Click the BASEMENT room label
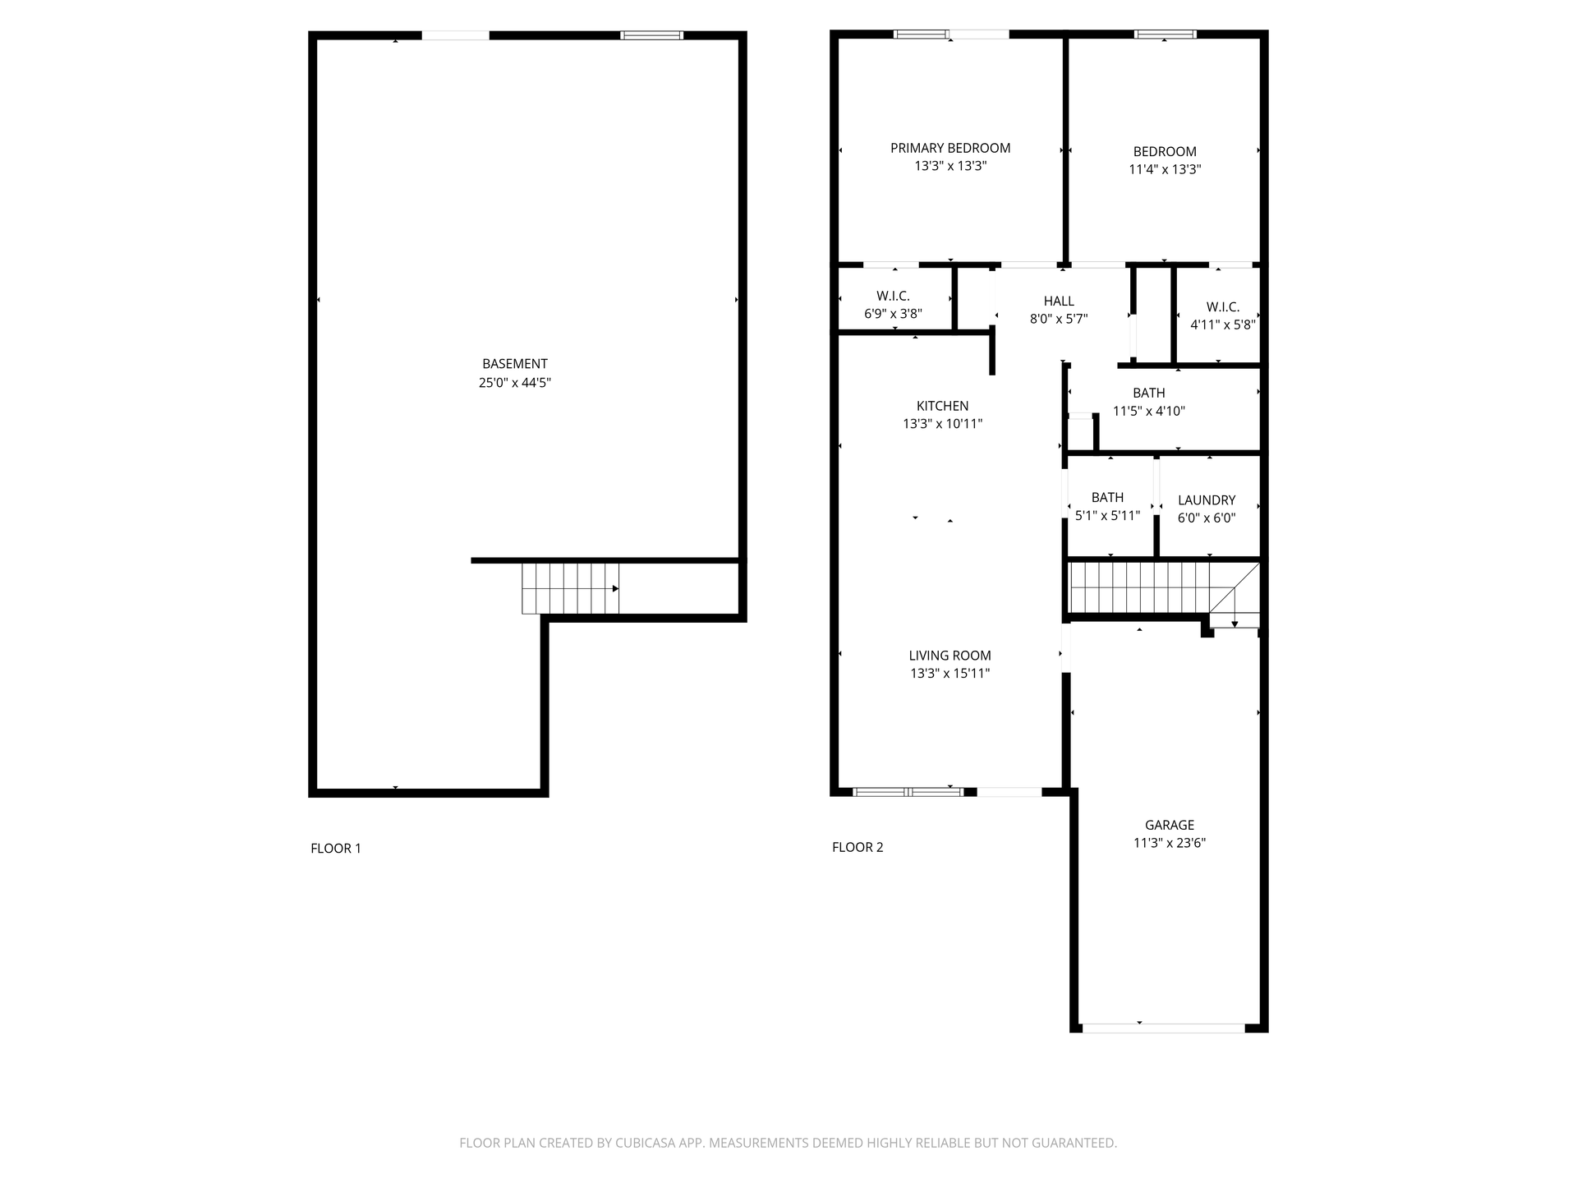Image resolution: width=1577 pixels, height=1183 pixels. coord(515,364)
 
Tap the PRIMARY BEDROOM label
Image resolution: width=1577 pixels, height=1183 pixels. coord(950,148)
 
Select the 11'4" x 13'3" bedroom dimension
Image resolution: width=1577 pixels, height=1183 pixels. coord(1165,169)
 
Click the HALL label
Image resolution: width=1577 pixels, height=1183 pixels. coord(1059,302)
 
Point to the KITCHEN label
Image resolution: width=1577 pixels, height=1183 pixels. coord(942,406)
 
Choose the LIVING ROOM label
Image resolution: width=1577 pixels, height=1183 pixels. coord(949,656)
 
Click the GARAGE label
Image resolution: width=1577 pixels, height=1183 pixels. coord(1170,825)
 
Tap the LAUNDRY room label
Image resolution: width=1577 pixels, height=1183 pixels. coord(1207,500)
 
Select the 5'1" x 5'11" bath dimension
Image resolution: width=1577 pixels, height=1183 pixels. coord(1107,516)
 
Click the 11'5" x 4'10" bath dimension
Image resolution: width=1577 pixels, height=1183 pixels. coord(1148,411)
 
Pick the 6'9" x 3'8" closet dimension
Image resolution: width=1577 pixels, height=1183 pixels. coord(893,314)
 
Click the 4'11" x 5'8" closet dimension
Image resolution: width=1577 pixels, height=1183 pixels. coord(1222,325)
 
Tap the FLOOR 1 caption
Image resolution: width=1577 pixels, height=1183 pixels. coord(336,849)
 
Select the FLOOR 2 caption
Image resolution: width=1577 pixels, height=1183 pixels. coord(857,847)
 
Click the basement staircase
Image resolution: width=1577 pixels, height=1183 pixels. coord(570,588)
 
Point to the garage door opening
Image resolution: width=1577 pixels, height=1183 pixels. coord(1164,1028)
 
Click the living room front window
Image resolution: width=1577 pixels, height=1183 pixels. coord(908,792)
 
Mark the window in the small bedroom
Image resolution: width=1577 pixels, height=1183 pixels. coord(1165,35)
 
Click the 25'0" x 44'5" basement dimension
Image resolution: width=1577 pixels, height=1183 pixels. coord(515,383)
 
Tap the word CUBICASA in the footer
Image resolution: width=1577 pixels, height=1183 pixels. coord(648,1143)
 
